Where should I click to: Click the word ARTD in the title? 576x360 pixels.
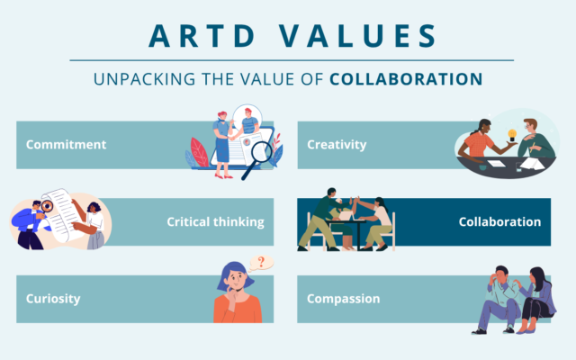pos(202,36)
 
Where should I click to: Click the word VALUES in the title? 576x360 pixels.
pos(358,36)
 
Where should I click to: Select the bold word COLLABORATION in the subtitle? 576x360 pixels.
pos(406,79)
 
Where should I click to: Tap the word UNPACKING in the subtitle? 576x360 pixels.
pos(144,79)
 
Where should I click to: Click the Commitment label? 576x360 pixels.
pos(66,144)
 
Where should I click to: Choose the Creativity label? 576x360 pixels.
pos(337,145)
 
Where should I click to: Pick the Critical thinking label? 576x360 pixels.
pos(216,222)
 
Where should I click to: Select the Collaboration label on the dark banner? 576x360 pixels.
pos(499,221)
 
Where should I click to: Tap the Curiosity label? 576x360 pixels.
pos(53,299)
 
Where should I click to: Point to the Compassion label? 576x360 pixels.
pos(344,299)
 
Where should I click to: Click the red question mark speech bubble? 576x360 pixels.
pos(261,263)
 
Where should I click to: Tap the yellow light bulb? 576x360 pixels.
pos(512,134)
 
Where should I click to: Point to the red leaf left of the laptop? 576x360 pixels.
pos(200,152)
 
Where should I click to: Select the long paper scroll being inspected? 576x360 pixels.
pos(62,215)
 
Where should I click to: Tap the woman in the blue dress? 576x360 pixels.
pos(222,145)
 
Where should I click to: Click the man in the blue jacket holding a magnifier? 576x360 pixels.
pos(30,225)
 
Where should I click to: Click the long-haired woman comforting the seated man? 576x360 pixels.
pos(536,300)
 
